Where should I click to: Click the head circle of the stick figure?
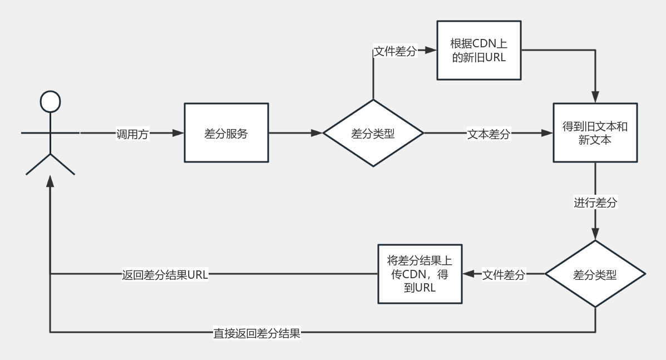pyautogui.click(x=50, y=101)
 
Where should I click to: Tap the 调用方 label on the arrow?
pyautogui.click(x=132, y=134)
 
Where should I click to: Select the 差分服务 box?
pyautogui.click(x=226, y=134)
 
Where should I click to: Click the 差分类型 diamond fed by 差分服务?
pyautogui.click(x=373, y=134)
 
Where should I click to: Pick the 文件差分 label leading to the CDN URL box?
pyautogui.click(x=394, y=51)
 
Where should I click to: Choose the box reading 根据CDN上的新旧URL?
pyautogui.click(x=478, y=51)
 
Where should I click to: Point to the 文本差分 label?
pyautogui.click(x=488, y=134)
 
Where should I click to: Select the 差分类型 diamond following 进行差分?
pyautogui.click(x=595, y=274)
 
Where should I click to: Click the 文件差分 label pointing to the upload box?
pyautogui.click(x=504, y=274)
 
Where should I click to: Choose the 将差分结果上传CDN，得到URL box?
pyautogui.click(x=419, y=274)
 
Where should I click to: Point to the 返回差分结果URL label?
pyautogui.click(x=165, y=274)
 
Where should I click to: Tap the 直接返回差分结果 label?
pyautogui.click(x=257, y=333)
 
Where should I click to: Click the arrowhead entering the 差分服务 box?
pyautogui.click(x=178, y=134)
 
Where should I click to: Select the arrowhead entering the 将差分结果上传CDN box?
pyautogui.click(x=468, y=274)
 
